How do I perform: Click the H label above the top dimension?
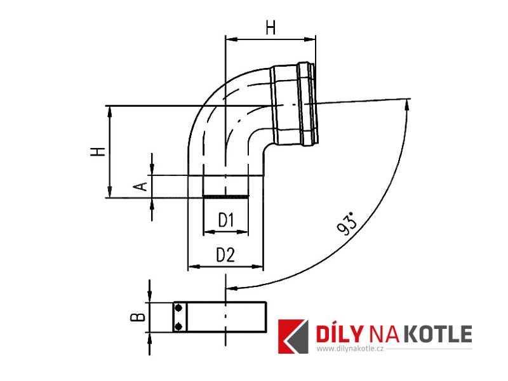pos(271,27)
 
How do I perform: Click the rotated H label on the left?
pos(98,152)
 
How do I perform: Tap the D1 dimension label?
pos(226,220)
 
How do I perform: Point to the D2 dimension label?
pos(225,255)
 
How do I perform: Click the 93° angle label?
pos(347,224)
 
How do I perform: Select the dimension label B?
pos(137,317)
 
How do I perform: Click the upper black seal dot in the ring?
pos(178,309)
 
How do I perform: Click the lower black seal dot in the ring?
pos(178,326)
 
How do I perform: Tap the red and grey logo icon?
pos(293,337)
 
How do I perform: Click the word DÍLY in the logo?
pos(338,333)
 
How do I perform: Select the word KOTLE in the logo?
pos(439,334)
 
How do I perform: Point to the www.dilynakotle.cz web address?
pos(351,349)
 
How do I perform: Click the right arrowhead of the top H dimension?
pos(310,39)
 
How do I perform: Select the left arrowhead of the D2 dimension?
pos(194,267)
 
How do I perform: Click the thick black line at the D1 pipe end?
pos(226,196)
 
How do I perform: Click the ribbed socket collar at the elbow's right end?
pos(294,104)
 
